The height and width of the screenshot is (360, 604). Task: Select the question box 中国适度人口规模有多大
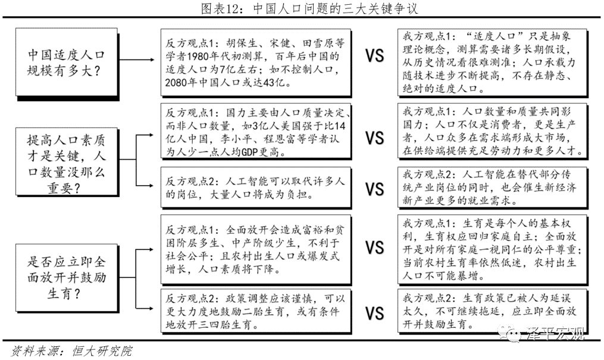(x=66, y=61)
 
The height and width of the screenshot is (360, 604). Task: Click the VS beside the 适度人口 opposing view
(x=374, y=57)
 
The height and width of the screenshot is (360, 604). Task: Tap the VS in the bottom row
(x=374, y=312)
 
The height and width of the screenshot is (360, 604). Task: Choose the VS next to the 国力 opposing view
(x=374, y=138)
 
